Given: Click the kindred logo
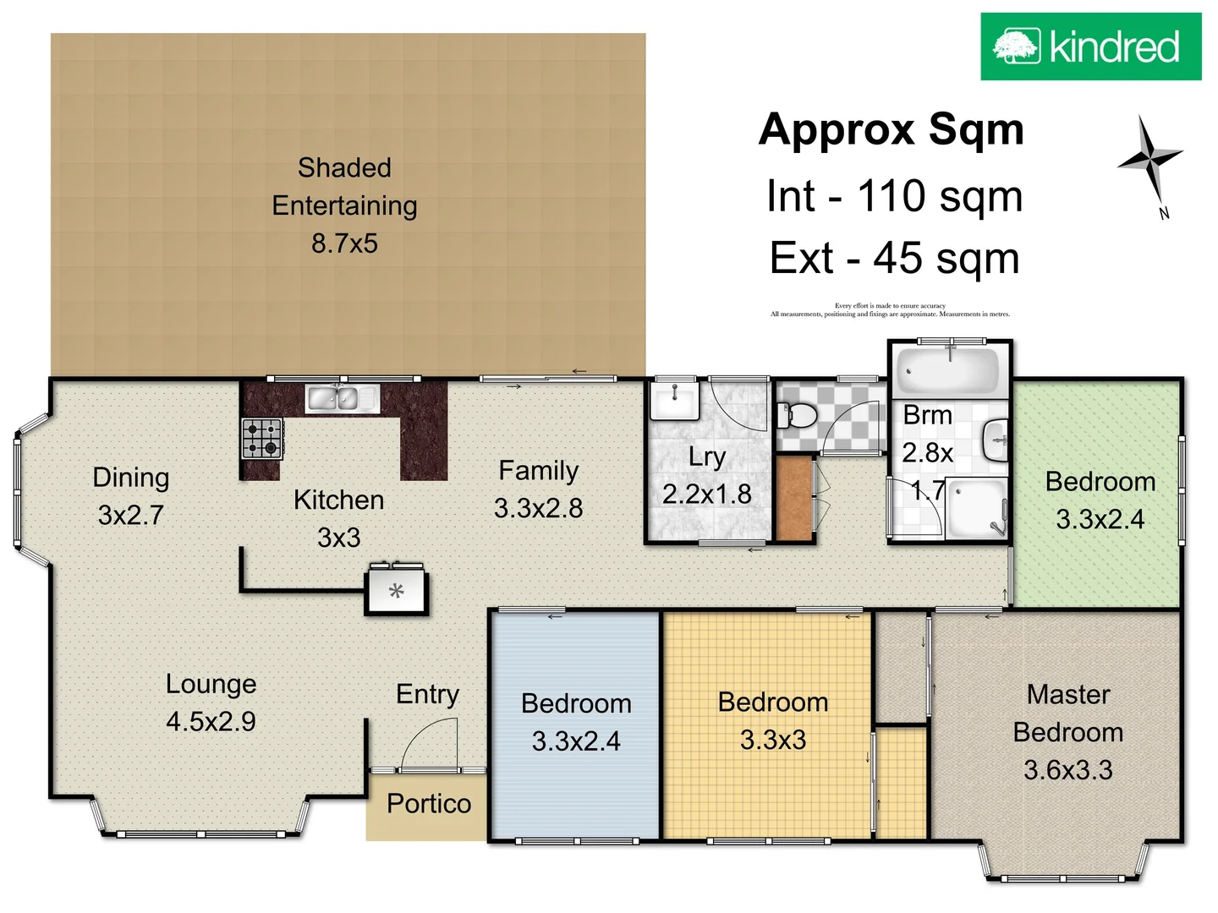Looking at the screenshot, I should tap(1090, 46).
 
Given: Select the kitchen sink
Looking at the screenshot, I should tap(342, 397).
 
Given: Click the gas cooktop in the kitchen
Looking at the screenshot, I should tap(261, 438).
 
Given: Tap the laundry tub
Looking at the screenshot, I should tap(674, 400).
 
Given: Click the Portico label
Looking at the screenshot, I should tap(429, 803).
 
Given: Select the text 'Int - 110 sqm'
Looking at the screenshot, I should tap(894, 196).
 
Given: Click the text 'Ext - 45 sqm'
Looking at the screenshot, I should tap(894, 258).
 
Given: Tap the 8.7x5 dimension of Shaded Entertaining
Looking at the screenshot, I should tap(344, 243).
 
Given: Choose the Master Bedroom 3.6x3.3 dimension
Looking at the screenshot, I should tap(1067, 770).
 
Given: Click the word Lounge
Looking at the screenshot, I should tap(211, 683).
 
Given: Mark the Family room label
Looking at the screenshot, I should tap(538, 470).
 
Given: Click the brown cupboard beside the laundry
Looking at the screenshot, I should tap(793, 498).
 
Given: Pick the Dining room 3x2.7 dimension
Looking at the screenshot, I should tap(130, 515).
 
